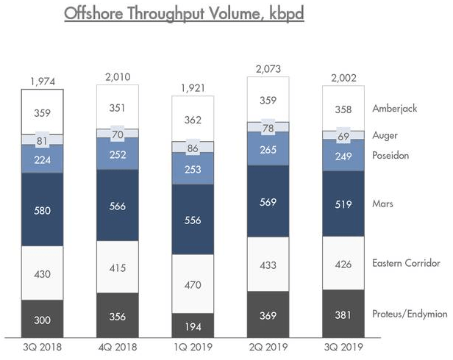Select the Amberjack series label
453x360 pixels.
394,108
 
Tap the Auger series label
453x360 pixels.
385,135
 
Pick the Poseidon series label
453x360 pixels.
390,156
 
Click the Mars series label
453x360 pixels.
382,204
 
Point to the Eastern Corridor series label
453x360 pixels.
406,263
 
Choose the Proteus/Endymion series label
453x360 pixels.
410,314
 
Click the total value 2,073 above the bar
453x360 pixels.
268,69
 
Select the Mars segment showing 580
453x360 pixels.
43,211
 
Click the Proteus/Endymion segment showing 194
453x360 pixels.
193,323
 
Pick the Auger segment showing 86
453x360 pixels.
193,148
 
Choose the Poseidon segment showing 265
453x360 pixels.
268,150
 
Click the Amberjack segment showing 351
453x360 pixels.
118,109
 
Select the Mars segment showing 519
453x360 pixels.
343,204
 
